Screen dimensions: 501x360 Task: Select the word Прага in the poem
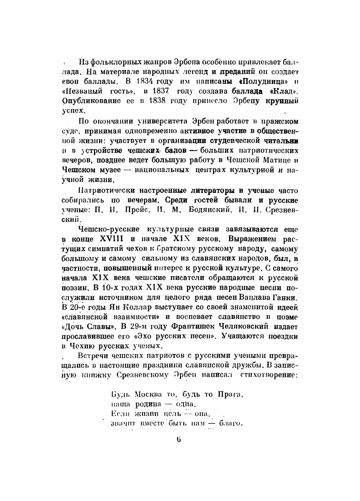(x=230, y=395)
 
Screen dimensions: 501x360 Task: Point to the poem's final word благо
(x=231, y=422)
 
